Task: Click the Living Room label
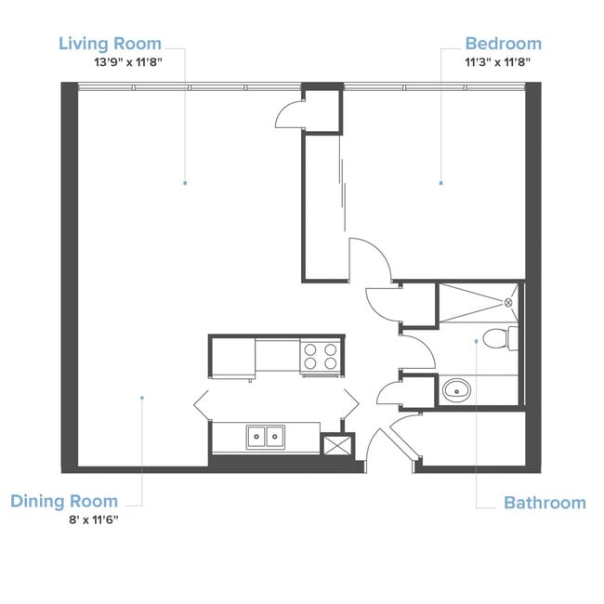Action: pyautogui.click(x=110, y=44)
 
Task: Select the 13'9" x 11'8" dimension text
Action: pyautogui.click(x=110, y=61)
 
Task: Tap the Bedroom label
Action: pyautogui.click(x=503, y=44)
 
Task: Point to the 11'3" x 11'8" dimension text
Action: pyautogui.click(x=503, y=61)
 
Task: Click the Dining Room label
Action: pyautogui.click(x=64, y=502)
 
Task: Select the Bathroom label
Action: pyautogui.click(x=545, y=503)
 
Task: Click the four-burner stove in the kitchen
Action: pyautogui.click(x=321, y=356)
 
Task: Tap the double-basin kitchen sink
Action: pyautogui.click(x=266, y=436)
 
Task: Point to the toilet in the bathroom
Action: pyautogui.click(x=500, y=338)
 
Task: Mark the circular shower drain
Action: pyautogui.click(x=509, y=302)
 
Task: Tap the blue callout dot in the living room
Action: pyautogui.click(x=185, y=183)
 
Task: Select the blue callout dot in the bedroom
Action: pyautogui.click(x=440, y=184)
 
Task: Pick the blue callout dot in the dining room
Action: pyautogui.click(x=142, y=398)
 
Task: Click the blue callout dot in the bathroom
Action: pyautogui.click(x=476, y=341)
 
